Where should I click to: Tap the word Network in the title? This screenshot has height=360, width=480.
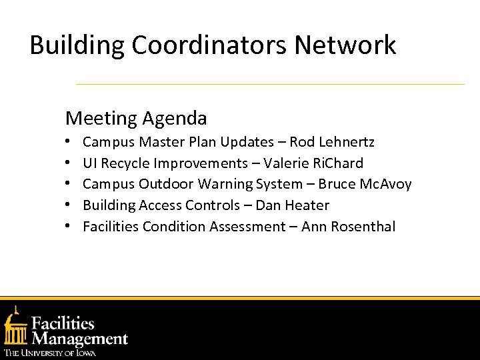coord(345,45)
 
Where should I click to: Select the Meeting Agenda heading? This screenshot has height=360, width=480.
coord(136,119)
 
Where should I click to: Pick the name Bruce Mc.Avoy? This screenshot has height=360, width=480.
coord(365,184)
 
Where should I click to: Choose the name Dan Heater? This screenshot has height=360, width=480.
coord(293,205)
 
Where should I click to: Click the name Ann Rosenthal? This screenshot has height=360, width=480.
coord(348,227)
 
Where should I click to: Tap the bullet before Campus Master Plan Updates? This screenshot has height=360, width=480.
coord(69,143)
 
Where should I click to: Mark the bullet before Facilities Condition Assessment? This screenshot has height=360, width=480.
coord(69,227)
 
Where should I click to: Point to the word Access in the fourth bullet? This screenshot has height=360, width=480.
coord(159,205)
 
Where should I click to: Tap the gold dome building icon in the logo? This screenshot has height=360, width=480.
coord(15,327)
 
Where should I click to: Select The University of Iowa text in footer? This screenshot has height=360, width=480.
coord(50,353)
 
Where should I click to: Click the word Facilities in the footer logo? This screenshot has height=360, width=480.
coord(63,323)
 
